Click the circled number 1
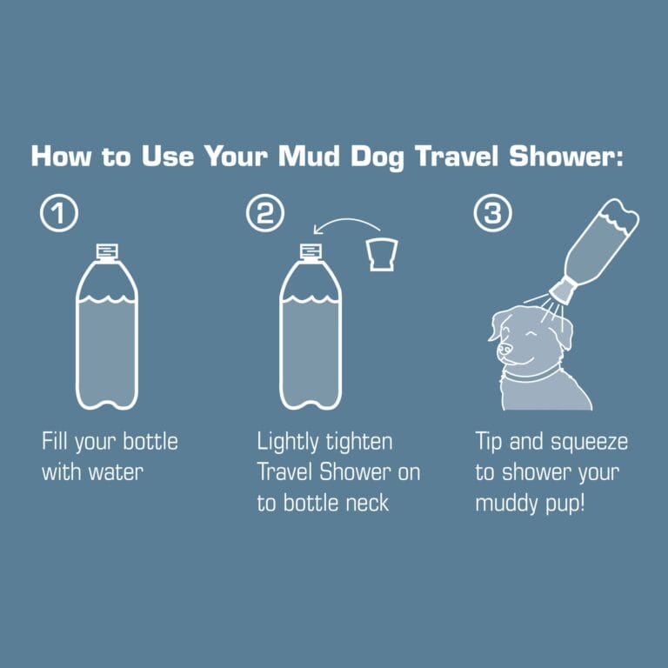pyautogui.click(x=58, y=214)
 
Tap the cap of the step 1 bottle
pyautogui.click(x=106, y=251)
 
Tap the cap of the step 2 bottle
pyautogui.click(x=310, y=251)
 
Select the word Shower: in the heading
pyautogui.click(x=574, y=157)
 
